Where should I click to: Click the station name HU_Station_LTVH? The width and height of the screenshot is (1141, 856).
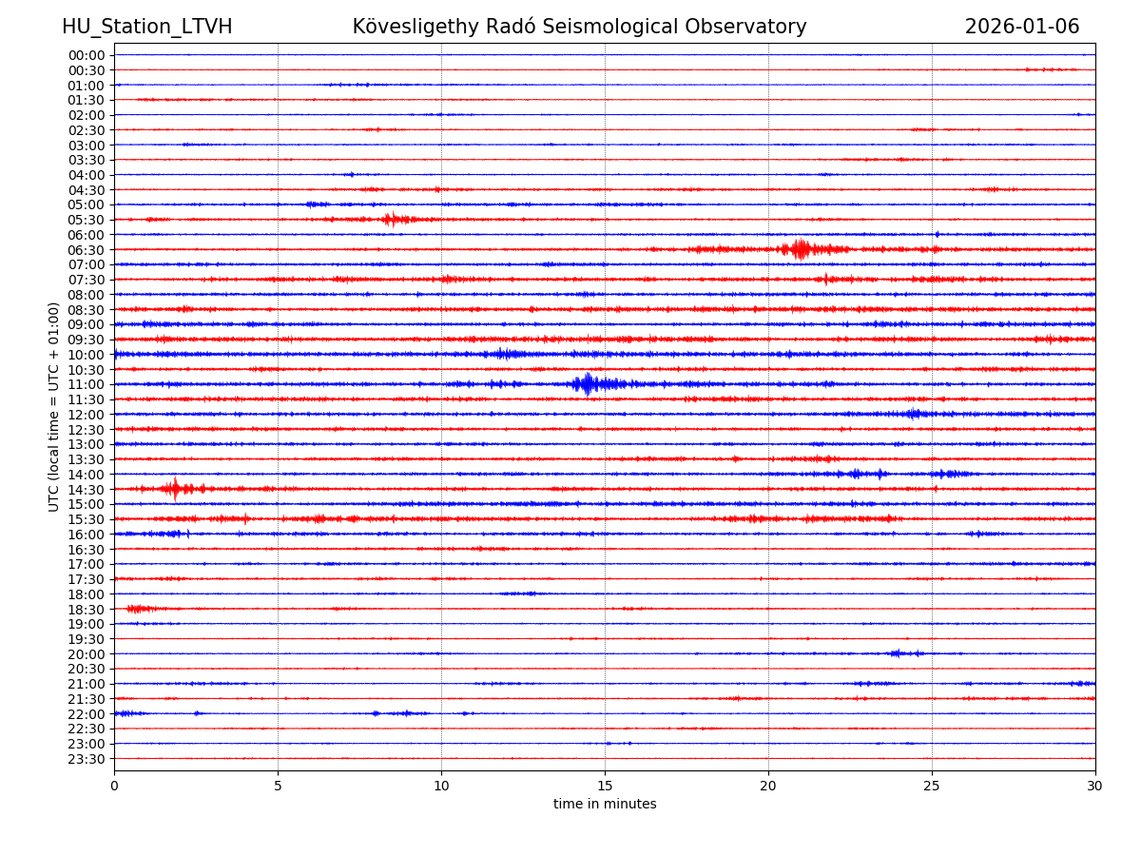146,27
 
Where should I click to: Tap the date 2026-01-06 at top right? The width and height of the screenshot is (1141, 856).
1022,27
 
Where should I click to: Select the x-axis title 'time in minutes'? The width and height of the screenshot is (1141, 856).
605,804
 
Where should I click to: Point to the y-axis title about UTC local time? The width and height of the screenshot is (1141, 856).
54,406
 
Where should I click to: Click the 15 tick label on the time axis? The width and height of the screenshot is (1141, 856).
605,786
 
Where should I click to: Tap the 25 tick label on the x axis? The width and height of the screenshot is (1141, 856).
932,786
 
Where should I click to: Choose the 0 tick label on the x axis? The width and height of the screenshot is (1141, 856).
114,786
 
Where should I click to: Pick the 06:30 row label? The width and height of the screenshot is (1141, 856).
86,250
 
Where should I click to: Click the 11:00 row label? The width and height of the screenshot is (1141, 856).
86,384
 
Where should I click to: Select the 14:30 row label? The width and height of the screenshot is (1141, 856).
86,489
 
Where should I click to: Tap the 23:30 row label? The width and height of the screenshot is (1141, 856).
86,759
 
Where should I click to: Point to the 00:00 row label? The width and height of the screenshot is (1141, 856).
86,55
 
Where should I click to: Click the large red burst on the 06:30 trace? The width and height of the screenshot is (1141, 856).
801,249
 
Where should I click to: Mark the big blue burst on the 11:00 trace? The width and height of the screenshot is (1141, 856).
587,384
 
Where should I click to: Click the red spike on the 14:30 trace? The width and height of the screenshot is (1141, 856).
174,489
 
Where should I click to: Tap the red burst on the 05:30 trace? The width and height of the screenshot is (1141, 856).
391,220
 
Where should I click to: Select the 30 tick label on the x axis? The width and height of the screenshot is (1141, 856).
1095,786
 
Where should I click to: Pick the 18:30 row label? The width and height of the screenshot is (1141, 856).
86,609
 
